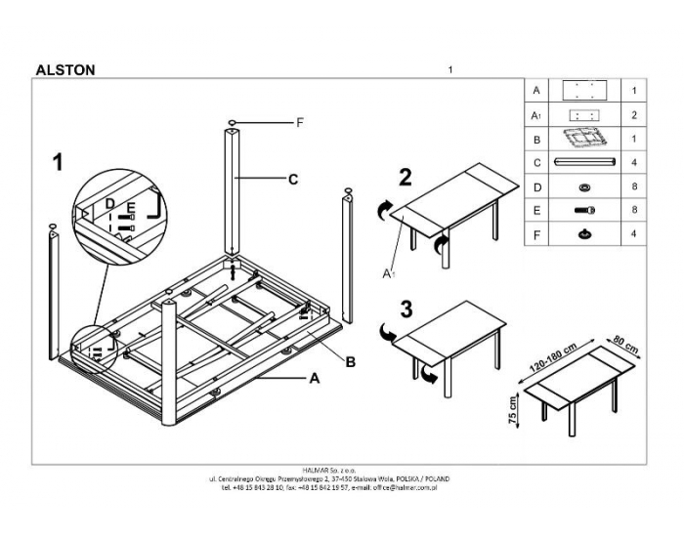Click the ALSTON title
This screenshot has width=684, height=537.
(x=64, y=70)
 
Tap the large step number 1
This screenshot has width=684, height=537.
(x=59, y=162)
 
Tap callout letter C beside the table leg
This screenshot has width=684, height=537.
(x=292, y=179)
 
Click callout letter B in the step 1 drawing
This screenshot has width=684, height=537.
(x=349, y=362)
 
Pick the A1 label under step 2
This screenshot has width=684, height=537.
(x=388, y=276)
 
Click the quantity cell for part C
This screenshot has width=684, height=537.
(x=635, y=162)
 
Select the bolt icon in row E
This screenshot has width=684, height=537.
(x=584, y=210)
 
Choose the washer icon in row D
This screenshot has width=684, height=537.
(x=584, y=186)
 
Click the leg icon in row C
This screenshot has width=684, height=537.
(x=584, y=162)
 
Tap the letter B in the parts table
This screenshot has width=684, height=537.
(x=536, y=139)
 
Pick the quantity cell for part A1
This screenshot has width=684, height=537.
(x=635, y=115)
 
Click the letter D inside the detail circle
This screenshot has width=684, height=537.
(x=110, y=204)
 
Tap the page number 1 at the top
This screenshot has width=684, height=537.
(x=449, y=69)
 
